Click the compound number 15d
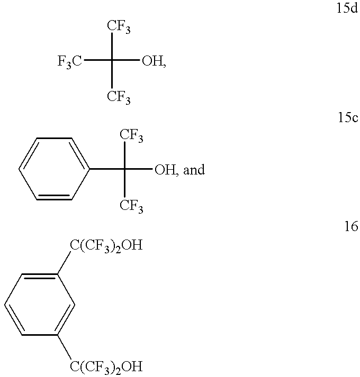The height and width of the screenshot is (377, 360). click(x=347, y=10)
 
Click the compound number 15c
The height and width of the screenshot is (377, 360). click(x=347, y=118)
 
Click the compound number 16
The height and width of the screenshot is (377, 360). click(x=351, y=227)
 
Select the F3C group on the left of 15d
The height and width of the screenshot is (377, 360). click(x=70, y=63)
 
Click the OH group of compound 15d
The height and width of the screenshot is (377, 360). click(x=153, y=63)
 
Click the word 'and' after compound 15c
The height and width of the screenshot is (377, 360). click(x=194, y=171)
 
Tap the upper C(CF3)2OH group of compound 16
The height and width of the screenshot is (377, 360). click(x=106, y=246)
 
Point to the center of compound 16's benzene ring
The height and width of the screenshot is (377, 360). click(x=40, y=305)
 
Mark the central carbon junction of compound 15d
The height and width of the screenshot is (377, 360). click(x=112, y=62)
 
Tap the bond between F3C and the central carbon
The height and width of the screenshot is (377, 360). click(x=98, y=62)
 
